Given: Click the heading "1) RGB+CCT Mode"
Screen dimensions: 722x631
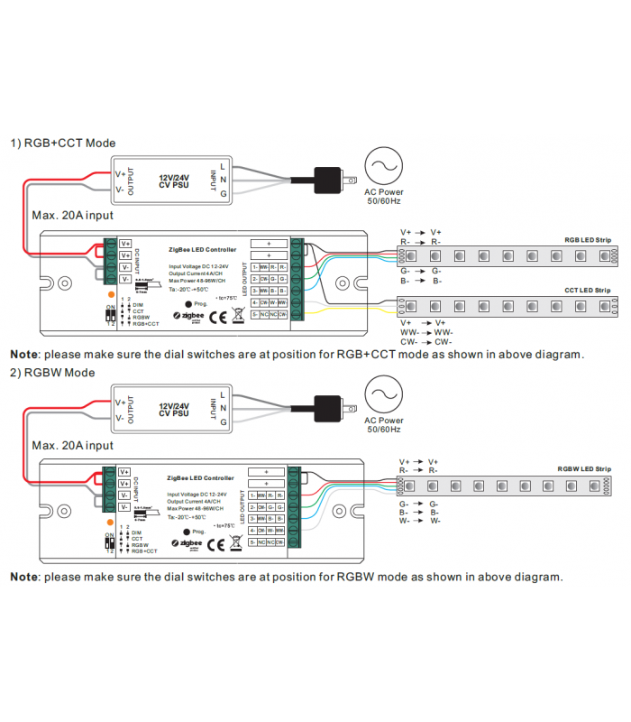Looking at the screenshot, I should (x=62, y=143).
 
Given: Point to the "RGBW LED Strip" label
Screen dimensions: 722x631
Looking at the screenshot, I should (x=584, y=469).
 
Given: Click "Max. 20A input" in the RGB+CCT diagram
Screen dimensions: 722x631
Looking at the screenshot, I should (x=72, y=216).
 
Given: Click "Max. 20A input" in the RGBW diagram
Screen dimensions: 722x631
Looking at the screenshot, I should (x=72, y=446).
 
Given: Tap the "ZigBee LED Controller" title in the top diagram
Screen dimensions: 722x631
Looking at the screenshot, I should (x=203, y=249).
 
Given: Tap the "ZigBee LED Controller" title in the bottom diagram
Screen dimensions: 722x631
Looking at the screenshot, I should (x=203, y=478).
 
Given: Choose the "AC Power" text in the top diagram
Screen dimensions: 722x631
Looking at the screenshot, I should (x=384, y=191).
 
